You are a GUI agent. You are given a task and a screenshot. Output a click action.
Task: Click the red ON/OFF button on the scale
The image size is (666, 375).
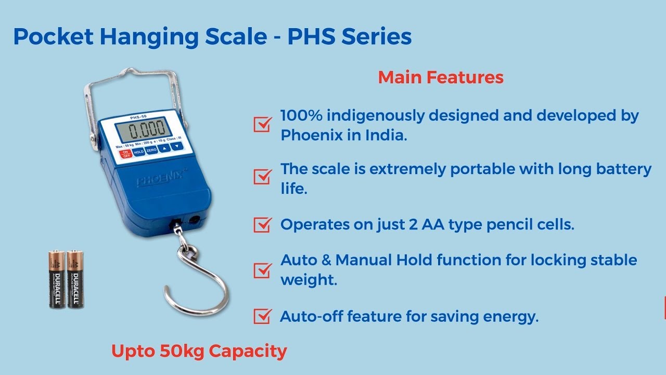(x=125, y=154)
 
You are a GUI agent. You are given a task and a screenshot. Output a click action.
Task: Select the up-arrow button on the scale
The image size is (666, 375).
(x=164, y=148)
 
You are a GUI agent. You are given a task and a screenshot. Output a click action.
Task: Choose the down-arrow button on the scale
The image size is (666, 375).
(x=177, y=146)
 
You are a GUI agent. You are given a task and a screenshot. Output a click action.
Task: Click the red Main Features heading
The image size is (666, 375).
(x=441, y=78)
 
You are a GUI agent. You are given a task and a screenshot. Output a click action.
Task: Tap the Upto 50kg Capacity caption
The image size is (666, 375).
(x=199, y=351)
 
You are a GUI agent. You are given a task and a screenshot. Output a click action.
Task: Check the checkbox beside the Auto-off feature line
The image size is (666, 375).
(x=262, y=316)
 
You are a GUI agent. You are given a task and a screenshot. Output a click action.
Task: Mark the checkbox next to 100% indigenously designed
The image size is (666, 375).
(x=262, y=124)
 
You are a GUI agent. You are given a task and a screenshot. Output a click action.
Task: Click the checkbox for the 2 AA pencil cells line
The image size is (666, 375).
(x=262, y=224)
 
